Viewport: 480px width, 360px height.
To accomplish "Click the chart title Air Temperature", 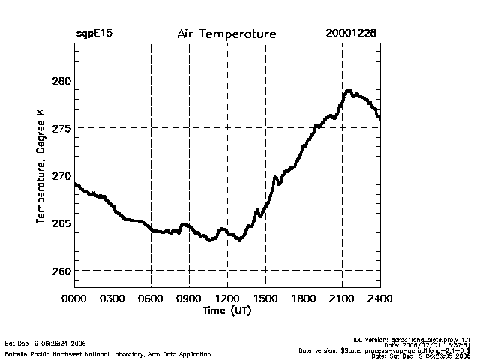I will coord(226,34).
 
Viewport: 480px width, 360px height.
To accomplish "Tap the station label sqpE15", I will coord(94,34).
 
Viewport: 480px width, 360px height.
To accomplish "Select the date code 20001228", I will coord(351,34).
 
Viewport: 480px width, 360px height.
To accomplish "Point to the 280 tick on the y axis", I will coord(61,80).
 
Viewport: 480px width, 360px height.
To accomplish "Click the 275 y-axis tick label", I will coord(61,128).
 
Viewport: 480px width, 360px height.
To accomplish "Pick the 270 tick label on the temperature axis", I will coord(61,175).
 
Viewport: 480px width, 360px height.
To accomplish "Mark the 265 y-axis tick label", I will coord(61,223).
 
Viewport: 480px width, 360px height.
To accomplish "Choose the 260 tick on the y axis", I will coord(61,271).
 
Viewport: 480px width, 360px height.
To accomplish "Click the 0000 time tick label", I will coord(74,298).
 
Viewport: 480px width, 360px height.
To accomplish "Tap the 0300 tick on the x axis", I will coord(112,298).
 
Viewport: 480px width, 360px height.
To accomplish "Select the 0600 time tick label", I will coord(151,298).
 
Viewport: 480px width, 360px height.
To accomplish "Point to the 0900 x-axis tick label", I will coord(189,298).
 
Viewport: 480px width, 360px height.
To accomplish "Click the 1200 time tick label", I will coord(227,298).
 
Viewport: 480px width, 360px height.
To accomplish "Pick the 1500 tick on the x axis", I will coord(265,298).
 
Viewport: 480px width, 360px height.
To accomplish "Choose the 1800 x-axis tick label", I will coord(304,298).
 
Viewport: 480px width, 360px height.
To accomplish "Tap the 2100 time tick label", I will coord(342,298).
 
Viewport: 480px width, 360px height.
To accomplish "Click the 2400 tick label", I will coord(380,298).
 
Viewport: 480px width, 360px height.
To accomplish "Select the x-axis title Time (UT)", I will coord(226,310).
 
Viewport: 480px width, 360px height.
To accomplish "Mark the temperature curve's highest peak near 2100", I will coord(348,91).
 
